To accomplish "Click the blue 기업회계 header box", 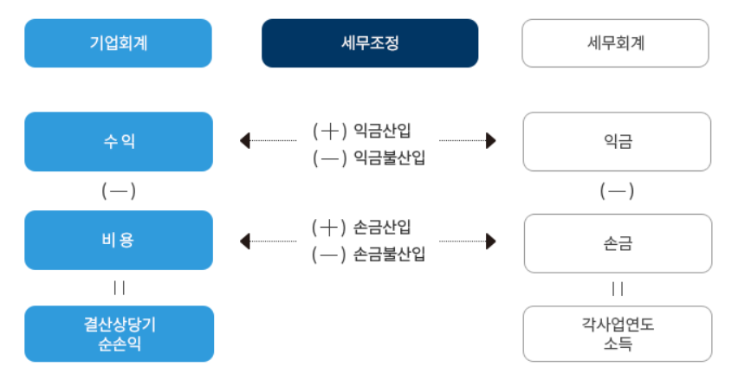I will pyautogui.click(x=118, y=42).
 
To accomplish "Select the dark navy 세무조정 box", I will pyautogui.click(x=370, y=42).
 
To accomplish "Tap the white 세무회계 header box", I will pyautogui.click(x=616, y=42).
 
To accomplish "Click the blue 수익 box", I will pyautogui.click(x=118, y=141).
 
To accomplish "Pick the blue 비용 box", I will pyautogui.click(x=118, y=240).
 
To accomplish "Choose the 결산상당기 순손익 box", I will pyautogui.click(x=118, y=333).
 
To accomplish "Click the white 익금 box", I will pyautogui.click(x=616, y=141).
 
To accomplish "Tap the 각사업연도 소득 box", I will pyautogui.click(x=617, y=333).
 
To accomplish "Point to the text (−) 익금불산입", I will pyautogui.click(x=369, y=158).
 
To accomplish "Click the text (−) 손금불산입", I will pyautogui.click(x=369, y=254).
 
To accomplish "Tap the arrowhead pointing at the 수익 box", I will pyautogui.click(x=244, y=140).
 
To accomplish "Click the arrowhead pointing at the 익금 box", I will pyautogui.click(x=491, y=140).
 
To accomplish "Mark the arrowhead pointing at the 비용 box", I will pyautogui.click(x=244, y=240).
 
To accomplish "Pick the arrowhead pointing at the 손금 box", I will pyautogui.click(x=491, y=240).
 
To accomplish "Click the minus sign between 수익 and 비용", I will pyautogui.click(x=119, y=190).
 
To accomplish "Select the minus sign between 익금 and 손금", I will pyautogui.click(x=617, y=190).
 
